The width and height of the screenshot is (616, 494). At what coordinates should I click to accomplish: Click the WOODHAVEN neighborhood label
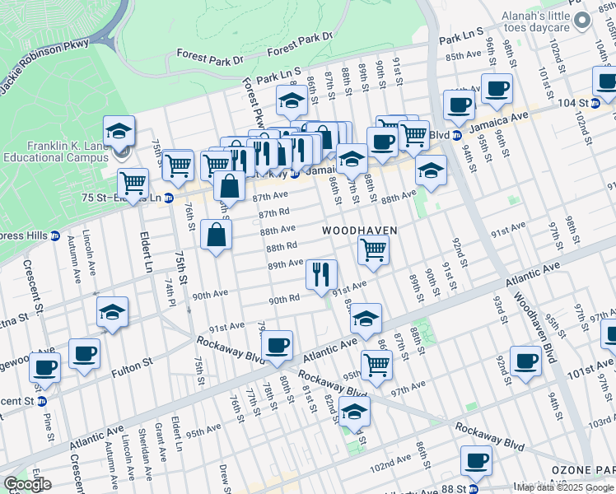tap(359, 231)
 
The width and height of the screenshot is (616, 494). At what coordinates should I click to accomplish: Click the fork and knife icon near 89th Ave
tap(321, 274)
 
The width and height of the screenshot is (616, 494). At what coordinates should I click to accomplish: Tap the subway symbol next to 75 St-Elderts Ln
tap(168, 198)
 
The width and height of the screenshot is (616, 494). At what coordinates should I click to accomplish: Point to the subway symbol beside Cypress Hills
tap(55, 235)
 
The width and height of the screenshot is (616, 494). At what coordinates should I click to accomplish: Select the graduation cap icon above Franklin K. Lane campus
tap(119, 130)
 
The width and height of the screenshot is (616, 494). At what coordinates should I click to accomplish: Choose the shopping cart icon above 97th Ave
tap(376, 363)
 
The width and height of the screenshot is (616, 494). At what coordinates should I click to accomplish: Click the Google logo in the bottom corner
tap(27, 484)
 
